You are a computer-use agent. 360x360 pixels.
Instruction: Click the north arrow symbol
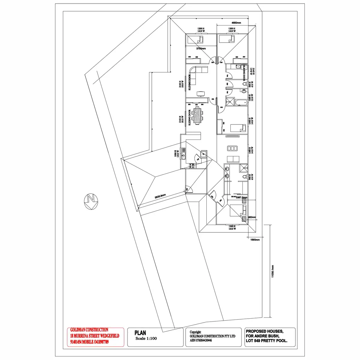[91, 201]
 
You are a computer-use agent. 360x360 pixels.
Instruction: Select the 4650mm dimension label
[236, 23]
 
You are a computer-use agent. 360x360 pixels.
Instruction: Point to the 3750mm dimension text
[201, 48]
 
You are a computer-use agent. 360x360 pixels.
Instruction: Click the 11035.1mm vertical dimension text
[272, 271]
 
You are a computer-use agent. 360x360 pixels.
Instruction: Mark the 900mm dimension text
[252, 217]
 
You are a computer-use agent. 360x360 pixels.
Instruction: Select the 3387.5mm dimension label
[241, 197]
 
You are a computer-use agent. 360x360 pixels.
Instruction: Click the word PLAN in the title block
[140, 333]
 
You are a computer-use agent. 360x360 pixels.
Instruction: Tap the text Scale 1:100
[146, 338]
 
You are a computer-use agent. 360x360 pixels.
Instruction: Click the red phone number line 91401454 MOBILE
[89, 342]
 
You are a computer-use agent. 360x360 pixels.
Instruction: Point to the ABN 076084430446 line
[201, 340]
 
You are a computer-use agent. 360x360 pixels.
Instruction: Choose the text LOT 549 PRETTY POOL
[266, 341]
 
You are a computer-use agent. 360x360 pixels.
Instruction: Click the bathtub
[241, 103]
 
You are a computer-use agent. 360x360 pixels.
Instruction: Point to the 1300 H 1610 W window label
[232, 227]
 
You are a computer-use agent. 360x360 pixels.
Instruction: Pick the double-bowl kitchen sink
[184, 156]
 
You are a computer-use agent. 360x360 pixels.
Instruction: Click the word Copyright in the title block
[195, 332]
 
